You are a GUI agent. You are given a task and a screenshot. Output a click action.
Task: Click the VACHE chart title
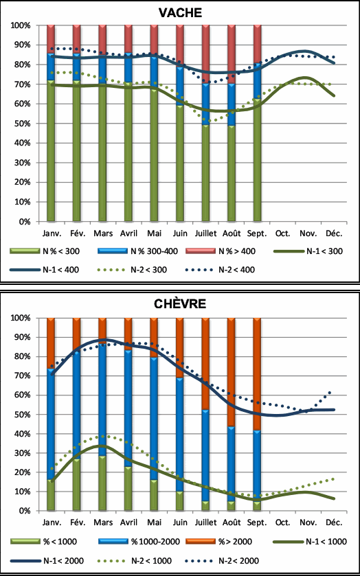(x=180, y=13)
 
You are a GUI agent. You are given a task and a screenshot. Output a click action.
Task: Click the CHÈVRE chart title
(x=180, y=304)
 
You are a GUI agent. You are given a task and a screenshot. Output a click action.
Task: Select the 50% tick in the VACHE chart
(x=23, y=124)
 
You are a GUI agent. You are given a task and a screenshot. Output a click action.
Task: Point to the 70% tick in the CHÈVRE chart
(x=23, y=376)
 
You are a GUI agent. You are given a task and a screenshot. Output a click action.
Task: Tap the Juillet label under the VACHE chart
(x=205, y=233)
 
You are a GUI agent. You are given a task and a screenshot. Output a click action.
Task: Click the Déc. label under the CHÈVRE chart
(x=334, y=522)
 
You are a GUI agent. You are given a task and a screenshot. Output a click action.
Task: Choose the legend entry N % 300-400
(x=138, y=251)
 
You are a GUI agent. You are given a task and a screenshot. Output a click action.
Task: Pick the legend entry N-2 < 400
(x=221, y=270)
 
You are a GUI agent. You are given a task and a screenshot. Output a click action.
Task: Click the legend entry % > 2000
(x=219, y=541)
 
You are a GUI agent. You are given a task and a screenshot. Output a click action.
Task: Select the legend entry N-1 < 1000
(x=311, y=541)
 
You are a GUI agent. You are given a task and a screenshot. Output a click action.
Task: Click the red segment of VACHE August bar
(x=232, y=54)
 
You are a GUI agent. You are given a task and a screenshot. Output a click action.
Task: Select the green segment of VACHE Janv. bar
(x=51, y=150)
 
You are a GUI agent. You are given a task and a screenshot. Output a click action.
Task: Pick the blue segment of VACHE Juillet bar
(x=205, y=104)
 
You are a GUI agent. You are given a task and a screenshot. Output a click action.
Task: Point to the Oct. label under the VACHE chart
(x=282, y=233)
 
